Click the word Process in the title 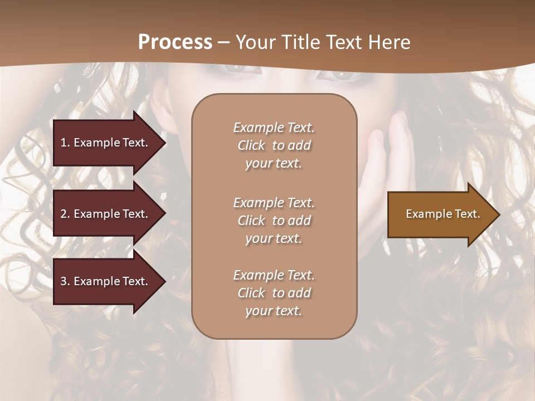[x=175, y=42]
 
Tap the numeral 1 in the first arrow [x=64, y=143]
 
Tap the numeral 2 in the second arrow [x=64, y=214]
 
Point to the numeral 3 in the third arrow [x=64, y=281]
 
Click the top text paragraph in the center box [x=274, y=145]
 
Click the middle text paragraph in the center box [x=274, y=221]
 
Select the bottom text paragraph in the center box [x=274, y=293]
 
